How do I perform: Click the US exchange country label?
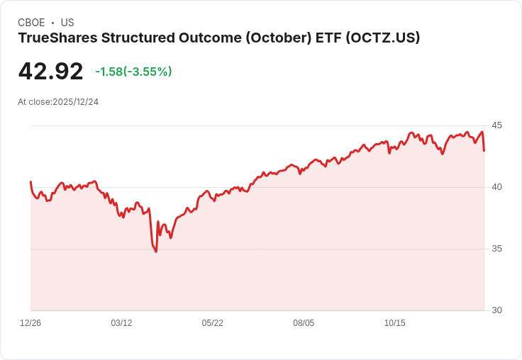coord(67,23)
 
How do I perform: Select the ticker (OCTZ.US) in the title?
coord(382,38)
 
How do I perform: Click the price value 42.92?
coord(50,72)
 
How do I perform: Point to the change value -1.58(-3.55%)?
coord(133,72)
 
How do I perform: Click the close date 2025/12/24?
coord(76,102)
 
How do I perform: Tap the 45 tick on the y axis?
coord(496,125)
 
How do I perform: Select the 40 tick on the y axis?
coord(496,187)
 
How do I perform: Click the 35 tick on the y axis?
coord(496,249)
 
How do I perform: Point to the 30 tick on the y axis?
coord(496,310)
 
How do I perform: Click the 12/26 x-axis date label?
coord(30,323)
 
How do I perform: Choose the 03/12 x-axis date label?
coord(121,323)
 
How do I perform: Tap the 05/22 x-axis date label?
coord(213,323)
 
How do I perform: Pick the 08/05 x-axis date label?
coord(304,323)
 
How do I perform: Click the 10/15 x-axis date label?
coord(395,323)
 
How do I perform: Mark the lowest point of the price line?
coord(155,252)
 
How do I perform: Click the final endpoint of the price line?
coord(484,150)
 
